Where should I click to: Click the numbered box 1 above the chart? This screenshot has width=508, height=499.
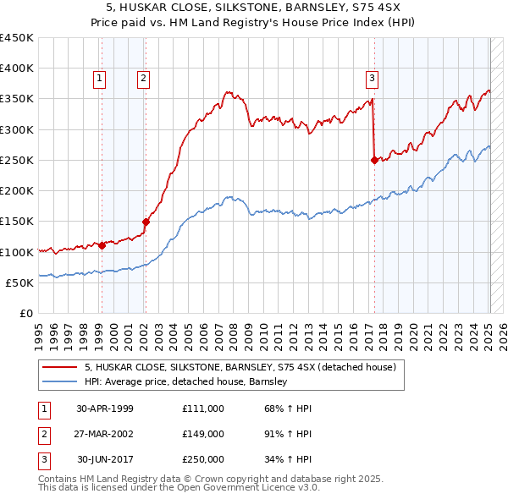[100, 79]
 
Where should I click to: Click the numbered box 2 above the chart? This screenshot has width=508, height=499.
[144, 79]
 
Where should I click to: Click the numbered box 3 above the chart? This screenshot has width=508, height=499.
[372, 79]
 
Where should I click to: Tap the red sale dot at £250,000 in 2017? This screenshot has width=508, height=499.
[374, 160]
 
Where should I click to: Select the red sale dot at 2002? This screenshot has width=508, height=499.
[145, 222]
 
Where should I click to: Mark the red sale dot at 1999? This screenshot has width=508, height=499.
[102, 245]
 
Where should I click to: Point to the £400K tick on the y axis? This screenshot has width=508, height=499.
[17, 69]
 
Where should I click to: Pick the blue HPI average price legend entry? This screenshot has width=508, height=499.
[186, 381]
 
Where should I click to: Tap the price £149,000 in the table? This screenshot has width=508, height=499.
[202, 434]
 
